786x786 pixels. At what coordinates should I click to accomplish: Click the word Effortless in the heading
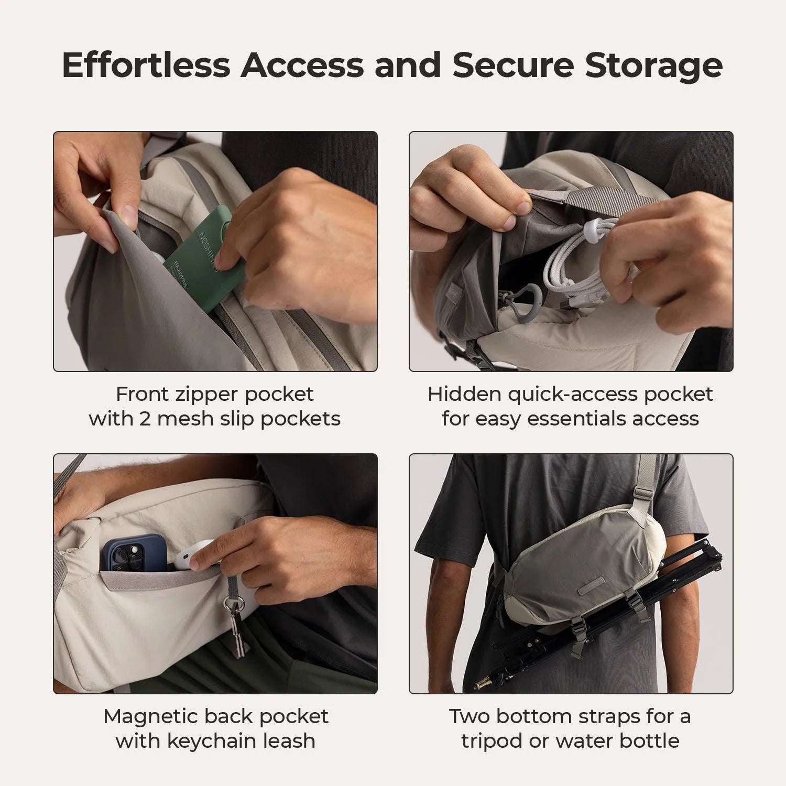click(146, 65)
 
